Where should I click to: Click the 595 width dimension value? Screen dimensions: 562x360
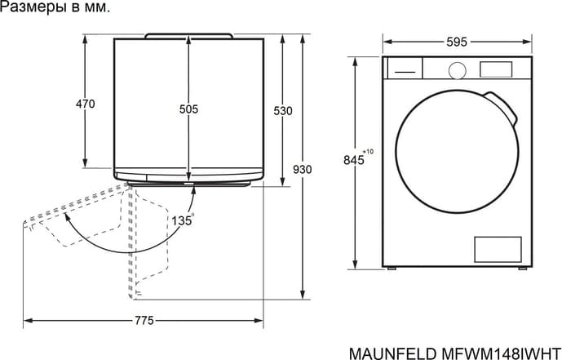pyautogui.click(x=457, y=42)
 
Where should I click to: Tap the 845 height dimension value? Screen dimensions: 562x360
pyautogui.click(x=353, y=159)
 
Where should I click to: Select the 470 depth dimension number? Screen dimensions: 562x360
pyautogui.click(x=86, y=104)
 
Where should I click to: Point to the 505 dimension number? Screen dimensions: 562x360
pyautogui.click(x=188, y=109)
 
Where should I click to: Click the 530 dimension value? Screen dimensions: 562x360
pyautogui.click(x=283, y=111)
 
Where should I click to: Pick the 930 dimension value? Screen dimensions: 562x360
pyautogui.click(x=302, y=169)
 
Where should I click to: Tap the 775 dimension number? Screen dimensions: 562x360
pyautogui.click(x=144, y=320)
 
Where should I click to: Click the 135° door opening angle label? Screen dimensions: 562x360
pyautogui.click(x=183, y=220)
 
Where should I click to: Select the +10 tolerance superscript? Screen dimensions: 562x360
pyautogui.click(x=368, y=152)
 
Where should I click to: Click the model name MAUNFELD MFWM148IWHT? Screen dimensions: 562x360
pyautogui.click(x=454, y=353)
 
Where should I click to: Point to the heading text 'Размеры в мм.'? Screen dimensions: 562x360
pyautogui.click(x=55, y=7)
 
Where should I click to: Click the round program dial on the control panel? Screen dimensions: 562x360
pyautogui.click(x=458, y=71)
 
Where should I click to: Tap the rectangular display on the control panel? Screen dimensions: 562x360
pyautogui.click(x=496, y=69)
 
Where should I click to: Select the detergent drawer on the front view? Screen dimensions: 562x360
pyautogui.click(x=404, y=68)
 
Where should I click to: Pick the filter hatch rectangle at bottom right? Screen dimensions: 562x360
pyautogui.click(x=498, y=250)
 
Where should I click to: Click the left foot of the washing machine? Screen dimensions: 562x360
pyautogui.click(x=391, y=268)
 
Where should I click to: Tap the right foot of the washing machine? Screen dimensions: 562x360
pyautogui.click(x=523, y=268)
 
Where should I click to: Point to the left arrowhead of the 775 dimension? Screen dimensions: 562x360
pyautogui.click(x=28, y=320)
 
